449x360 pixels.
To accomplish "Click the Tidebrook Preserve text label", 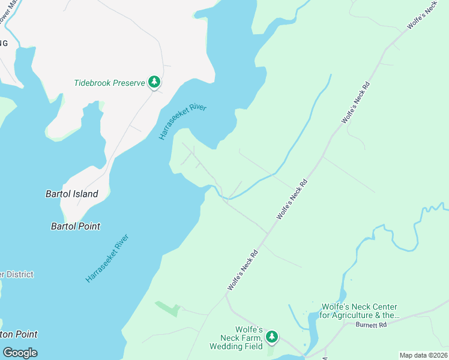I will click(109, 83).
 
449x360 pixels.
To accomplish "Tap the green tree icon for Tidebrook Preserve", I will click(154, 82).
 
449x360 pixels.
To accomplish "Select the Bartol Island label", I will click(72, 194).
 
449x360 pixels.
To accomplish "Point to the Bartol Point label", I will click(76, 226).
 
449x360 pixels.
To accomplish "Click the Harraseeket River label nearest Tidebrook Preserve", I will click(182, 122).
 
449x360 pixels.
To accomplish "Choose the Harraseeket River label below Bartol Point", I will click(108, 258).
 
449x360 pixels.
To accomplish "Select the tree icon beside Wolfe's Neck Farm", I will click(272, 337).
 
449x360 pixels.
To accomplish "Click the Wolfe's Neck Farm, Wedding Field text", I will click(237, 338).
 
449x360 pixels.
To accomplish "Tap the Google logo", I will click(20, 352).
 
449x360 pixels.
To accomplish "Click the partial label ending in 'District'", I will click(17, 274).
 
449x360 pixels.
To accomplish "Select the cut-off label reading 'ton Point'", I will click(19, 334).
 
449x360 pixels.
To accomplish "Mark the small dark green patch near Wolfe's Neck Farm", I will click(168, 308).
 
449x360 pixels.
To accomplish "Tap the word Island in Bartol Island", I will click(86, 194).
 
